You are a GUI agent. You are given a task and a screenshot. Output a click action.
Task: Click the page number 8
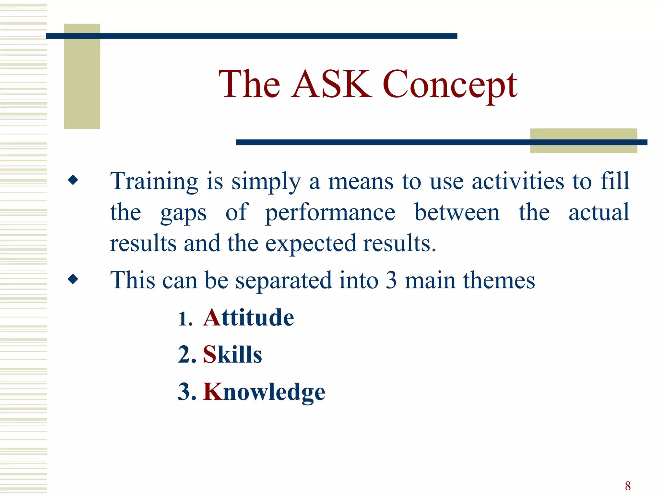click(x=628, y=486)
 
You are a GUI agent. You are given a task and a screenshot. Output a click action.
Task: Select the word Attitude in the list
click(x=248, y=318)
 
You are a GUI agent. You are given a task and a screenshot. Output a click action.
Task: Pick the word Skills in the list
click(x=232, y=355)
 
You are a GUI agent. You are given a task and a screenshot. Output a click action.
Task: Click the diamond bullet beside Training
click(x=73, y=180)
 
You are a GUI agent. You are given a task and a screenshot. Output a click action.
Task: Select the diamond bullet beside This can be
click(x=73, y=279)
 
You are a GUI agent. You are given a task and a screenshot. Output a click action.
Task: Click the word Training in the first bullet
click(x=154, y=182)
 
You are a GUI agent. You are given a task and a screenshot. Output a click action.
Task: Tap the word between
click(x=457, y=213)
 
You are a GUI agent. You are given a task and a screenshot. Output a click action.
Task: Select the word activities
click(x=517, y=182)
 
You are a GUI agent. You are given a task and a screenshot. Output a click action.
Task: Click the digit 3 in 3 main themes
click(x=391, y=281)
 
